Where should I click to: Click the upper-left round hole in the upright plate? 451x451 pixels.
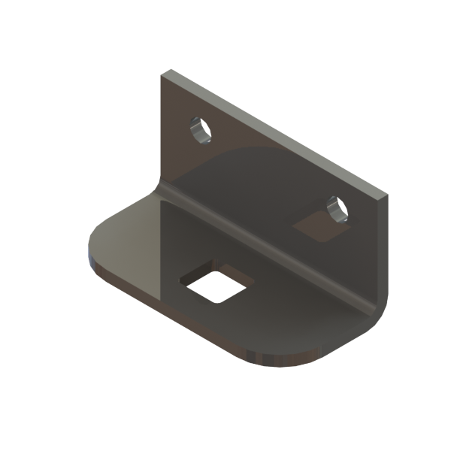click(201, 131)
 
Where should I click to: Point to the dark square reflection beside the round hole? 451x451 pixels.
click(316, 226)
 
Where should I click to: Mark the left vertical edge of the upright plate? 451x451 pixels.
click(161, 128)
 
